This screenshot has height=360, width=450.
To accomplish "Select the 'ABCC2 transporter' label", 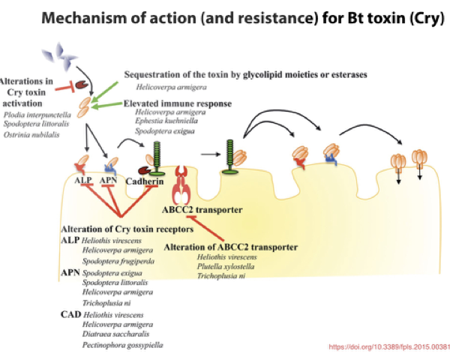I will click(197, 210).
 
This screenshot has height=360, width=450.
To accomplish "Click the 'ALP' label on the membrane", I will click(82, 180).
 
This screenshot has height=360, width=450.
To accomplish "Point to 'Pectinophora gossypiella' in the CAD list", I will click(122, 344).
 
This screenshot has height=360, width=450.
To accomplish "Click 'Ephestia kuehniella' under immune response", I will click(166, 121).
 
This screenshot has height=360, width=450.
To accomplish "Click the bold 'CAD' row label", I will click(70, 313).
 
